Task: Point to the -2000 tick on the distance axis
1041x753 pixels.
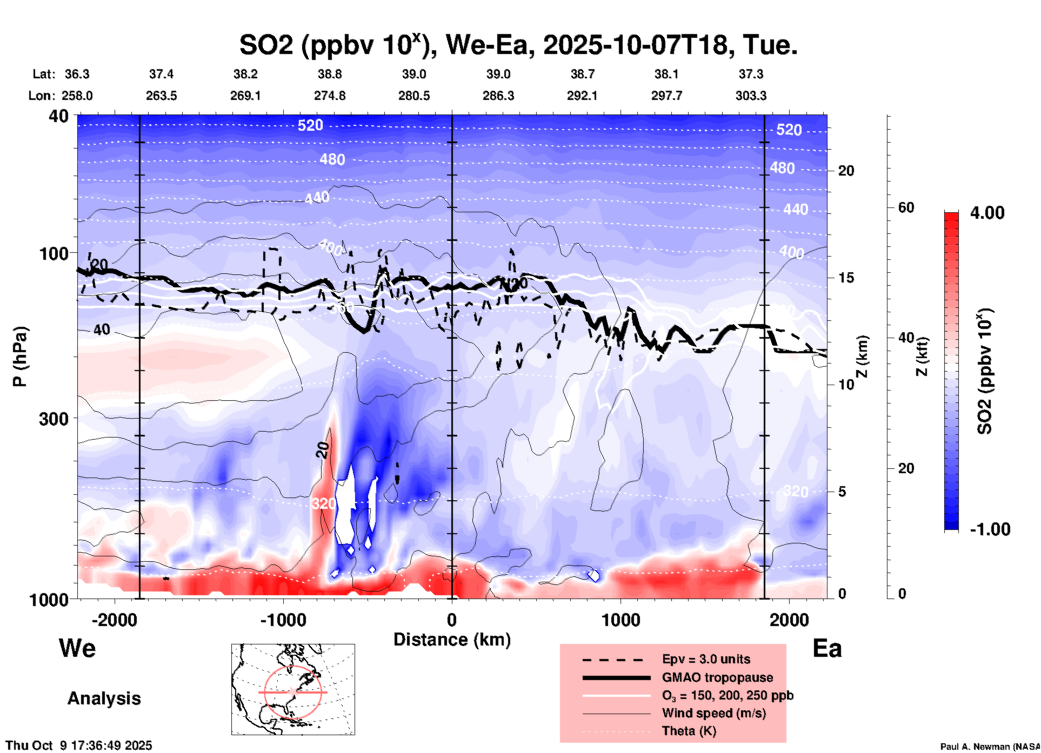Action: coord(115,620)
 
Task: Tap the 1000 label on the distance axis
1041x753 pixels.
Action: coord(620,620)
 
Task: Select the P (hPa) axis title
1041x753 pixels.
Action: coord(20,356)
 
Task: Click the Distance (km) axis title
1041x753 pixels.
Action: coord(452,640)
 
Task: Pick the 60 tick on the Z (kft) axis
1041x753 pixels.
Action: coord(906,208)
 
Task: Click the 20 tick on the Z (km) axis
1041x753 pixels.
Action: coord(846,171)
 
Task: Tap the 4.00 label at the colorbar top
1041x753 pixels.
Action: coord(987,213)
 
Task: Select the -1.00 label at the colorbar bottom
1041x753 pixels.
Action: coord(990,529)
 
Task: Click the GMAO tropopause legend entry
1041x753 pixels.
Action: coord(717,677)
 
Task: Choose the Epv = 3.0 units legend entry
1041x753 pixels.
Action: coord(706,659)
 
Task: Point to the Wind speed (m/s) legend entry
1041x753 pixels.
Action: coord(713,713)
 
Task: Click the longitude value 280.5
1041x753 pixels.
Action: coord(414,96)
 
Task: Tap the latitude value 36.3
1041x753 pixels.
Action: coord(77,74)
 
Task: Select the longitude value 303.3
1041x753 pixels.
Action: coord(751,96)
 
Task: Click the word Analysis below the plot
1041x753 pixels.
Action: coord(104,698)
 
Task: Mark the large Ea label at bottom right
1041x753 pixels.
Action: coord(827,648)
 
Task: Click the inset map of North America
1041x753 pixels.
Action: coord(293,689)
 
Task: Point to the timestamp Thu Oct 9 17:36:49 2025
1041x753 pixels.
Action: coord(79,745)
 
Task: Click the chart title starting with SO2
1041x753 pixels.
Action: coord(518,45)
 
